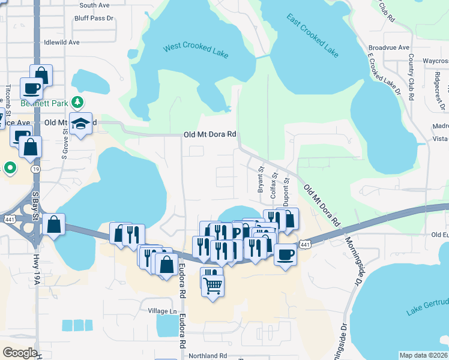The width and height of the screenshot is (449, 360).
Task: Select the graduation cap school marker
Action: click(80, 123)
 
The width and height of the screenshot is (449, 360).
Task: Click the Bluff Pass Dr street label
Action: click(94, 19)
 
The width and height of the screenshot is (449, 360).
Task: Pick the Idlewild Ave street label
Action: click(62, 43)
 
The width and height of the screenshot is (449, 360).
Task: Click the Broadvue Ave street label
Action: click(388, 47)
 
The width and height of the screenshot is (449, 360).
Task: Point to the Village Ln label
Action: click(163, 311)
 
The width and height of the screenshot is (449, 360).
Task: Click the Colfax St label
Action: click(274, 186)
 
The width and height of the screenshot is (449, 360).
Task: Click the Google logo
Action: click(20, 353)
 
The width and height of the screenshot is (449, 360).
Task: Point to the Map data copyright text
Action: click(423, 355)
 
